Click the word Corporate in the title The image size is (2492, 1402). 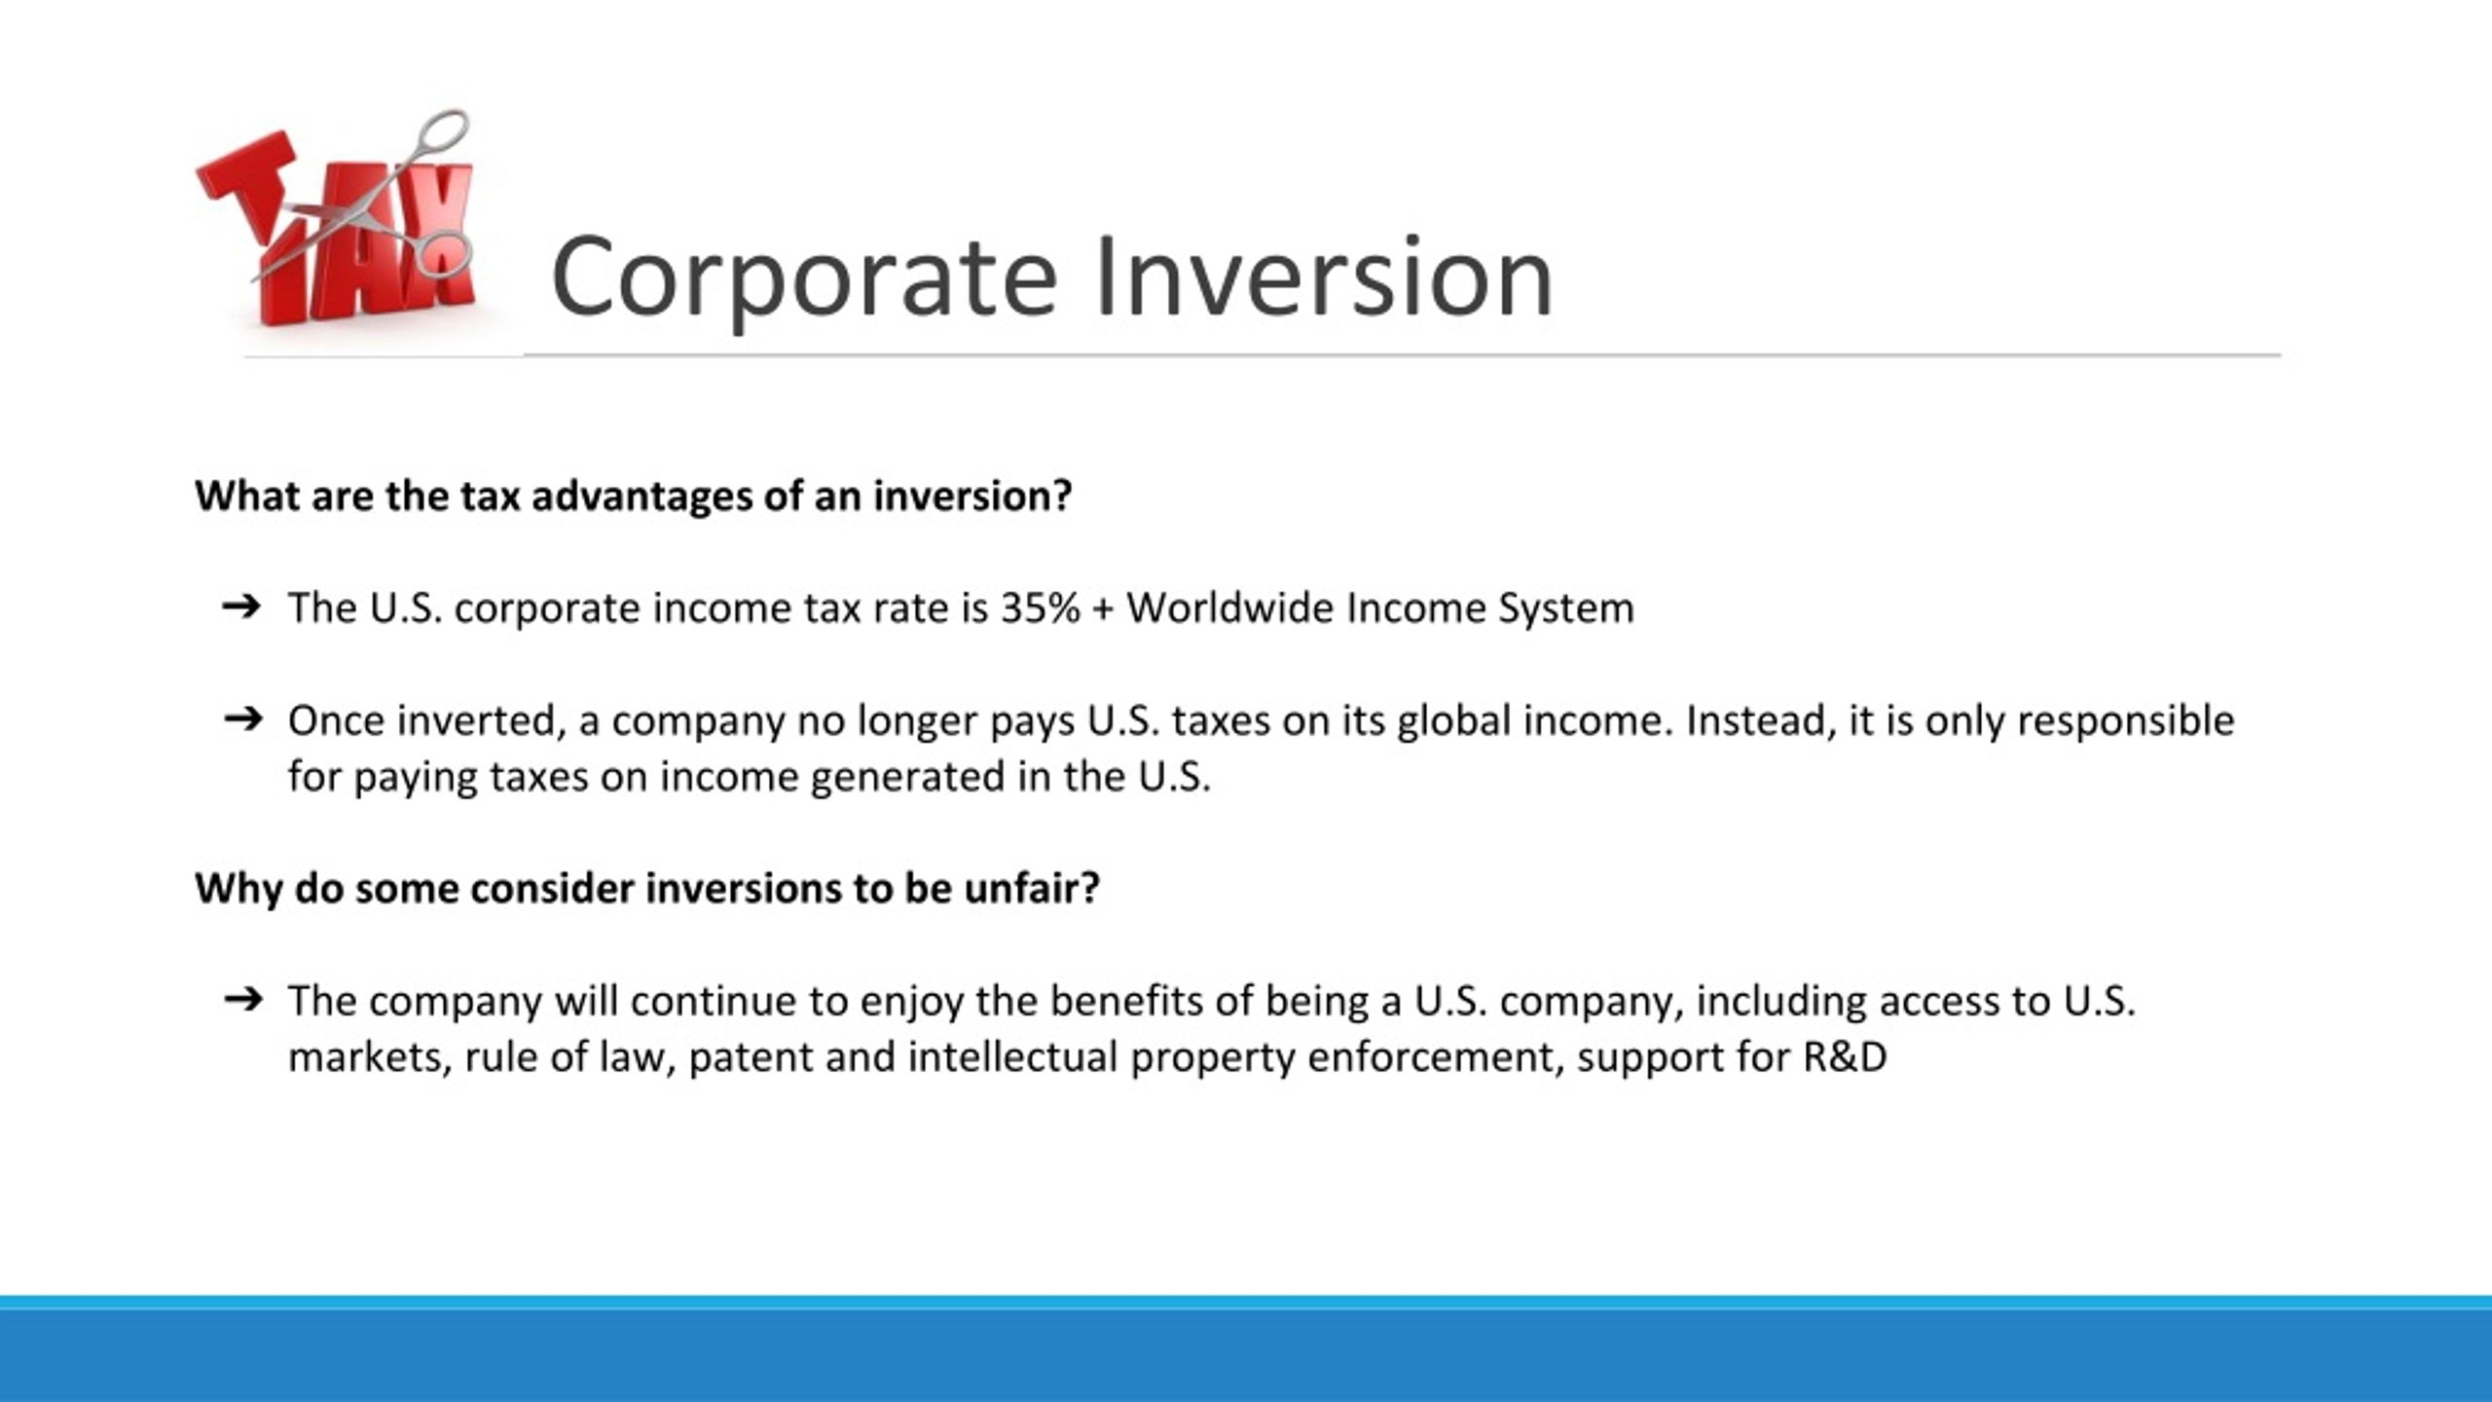[x=803, y=277]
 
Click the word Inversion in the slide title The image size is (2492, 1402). [x=1323, y=277]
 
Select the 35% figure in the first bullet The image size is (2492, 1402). [x=1040, y=609]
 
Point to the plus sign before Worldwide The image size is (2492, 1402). [x=1103, y=609]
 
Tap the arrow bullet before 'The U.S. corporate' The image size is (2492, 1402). [x=241, y=608]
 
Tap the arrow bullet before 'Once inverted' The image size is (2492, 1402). [x=242, y=720]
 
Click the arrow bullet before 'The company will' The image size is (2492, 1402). [x=242, y=1000]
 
